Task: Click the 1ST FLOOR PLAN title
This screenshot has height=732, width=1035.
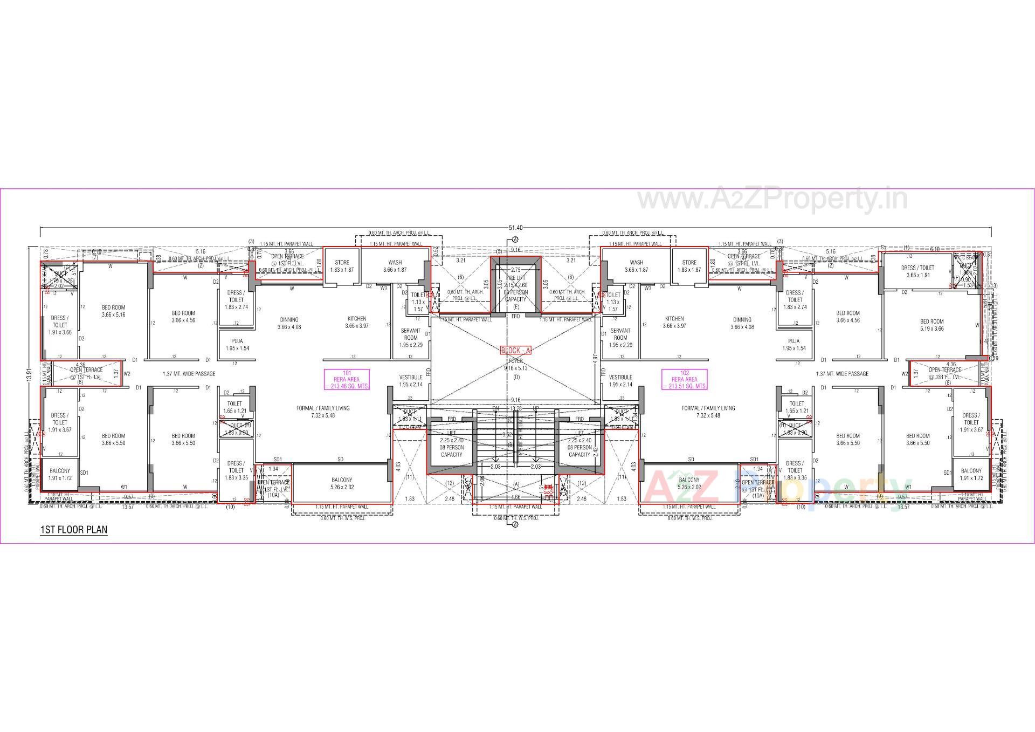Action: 74,529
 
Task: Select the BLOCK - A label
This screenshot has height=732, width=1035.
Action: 516,351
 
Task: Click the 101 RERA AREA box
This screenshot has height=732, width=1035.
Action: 347,379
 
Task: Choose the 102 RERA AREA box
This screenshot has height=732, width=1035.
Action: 685,379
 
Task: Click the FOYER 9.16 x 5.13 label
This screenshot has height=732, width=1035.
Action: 515,365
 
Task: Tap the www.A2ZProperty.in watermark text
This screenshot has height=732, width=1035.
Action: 772,200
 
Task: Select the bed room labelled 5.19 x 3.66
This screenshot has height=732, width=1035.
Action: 931,325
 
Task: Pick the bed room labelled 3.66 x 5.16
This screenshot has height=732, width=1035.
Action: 113,311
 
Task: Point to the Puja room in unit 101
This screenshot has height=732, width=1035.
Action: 237,345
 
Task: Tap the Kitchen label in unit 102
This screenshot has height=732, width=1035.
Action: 674,322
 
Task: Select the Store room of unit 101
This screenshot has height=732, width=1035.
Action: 342,266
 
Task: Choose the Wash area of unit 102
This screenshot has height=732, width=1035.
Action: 636,266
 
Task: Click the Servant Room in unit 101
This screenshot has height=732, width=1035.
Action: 411,338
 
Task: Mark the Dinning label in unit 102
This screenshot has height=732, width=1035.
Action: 742,323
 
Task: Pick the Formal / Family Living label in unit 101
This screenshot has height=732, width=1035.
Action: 323,412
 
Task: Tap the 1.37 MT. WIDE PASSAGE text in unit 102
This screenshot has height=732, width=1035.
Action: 842,374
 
